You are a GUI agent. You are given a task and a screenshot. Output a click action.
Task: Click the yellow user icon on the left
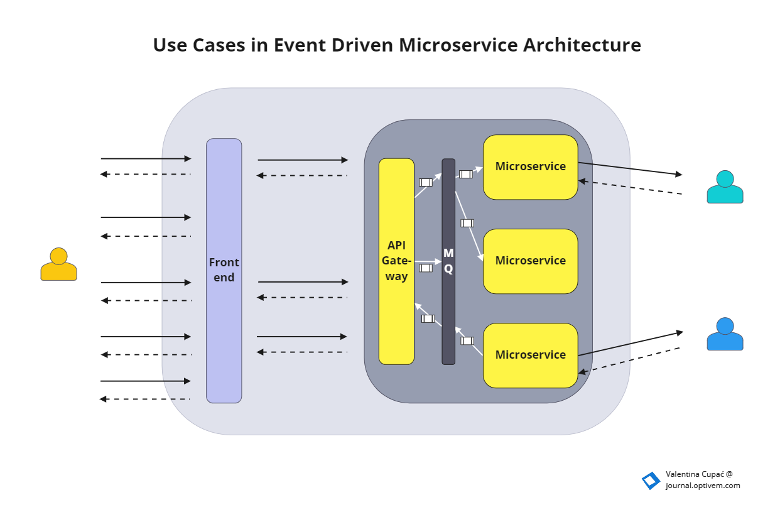[x=58, y=264]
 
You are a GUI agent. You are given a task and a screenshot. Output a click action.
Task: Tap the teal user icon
[x=725, y=187]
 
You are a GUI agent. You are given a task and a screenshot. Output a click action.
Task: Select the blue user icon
[x=725, y=334]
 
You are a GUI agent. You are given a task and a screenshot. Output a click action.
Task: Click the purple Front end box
[x=224, y=271]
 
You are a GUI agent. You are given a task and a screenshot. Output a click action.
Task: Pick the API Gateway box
[x=396, y=261]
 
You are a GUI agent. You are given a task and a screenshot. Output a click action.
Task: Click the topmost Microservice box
[x=530, y=167]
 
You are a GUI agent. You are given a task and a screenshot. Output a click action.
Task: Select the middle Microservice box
[x=530, y=261]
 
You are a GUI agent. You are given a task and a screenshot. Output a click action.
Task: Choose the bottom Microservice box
[x=530, y=356]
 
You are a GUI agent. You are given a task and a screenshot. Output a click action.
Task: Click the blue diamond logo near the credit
[x=651, y=481]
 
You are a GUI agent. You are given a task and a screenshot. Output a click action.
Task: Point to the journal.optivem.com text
[x=703, y=486]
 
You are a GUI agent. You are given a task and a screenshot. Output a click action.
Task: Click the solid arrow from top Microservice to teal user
[x=629, y=169]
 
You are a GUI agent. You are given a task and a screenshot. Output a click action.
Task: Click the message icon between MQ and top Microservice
[x=465, y=174]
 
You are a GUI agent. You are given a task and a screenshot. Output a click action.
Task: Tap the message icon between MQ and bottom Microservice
[x=467, y=341]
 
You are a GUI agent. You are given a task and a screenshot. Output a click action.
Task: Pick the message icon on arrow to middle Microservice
[x=467, y=223]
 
